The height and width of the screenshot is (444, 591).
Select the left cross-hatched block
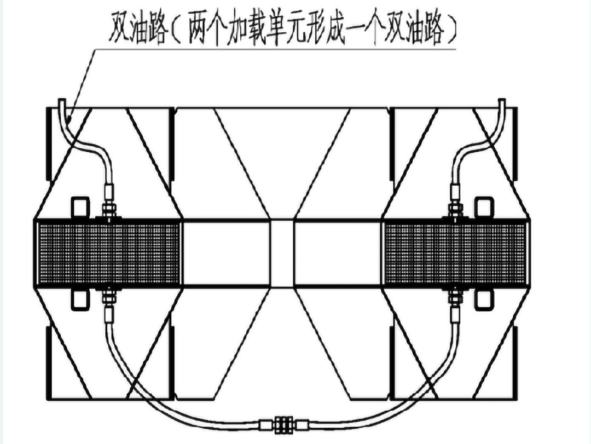tap(108, 253)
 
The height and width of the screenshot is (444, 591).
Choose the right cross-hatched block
tap(456, 253)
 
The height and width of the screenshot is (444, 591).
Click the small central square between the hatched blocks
tap(282, 253)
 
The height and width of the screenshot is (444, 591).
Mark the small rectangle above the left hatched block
tap(80, 207)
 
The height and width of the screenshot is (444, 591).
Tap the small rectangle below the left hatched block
tap(80, 299)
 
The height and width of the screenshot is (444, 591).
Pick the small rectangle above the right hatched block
tap(483, 207)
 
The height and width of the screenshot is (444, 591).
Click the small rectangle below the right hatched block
tap(483, 299)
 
